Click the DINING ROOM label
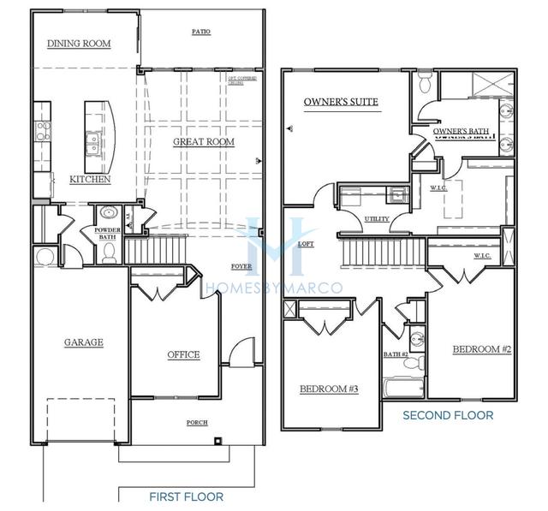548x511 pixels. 79,44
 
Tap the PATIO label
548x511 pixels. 201,33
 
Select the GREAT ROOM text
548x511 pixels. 204,142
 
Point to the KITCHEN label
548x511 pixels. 90,180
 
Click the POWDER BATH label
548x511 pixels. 107,234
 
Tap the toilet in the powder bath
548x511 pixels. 109,251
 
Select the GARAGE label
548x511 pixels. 83,342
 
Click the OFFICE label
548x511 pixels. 182,354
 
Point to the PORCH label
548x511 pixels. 197,423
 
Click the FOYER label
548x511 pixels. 241,267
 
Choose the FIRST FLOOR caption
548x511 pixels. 186,496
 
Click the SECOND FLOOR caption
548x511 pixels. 448,415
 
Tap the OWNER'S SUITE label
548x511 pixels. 341,103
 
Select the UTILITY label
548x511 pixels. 377,219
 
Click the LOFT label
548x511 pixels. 306,244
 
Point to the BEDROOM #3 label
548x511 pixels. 328,389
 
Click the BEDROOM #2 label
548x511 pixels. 482,350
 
